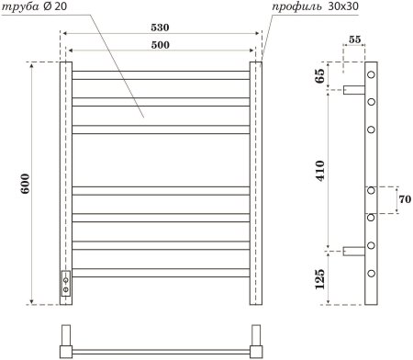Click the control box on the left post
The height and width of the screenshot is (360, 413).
65,286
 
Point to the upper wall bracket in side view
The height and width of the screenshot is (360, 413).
354,90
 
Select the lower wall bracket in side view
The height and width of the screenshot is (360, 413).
354,251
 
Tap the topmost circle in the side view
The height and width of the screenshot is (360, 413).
373,73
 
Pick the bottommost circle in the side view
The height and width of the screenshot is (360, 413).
373,274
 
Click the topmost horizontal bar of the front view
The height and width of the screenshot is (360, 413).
161,72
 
